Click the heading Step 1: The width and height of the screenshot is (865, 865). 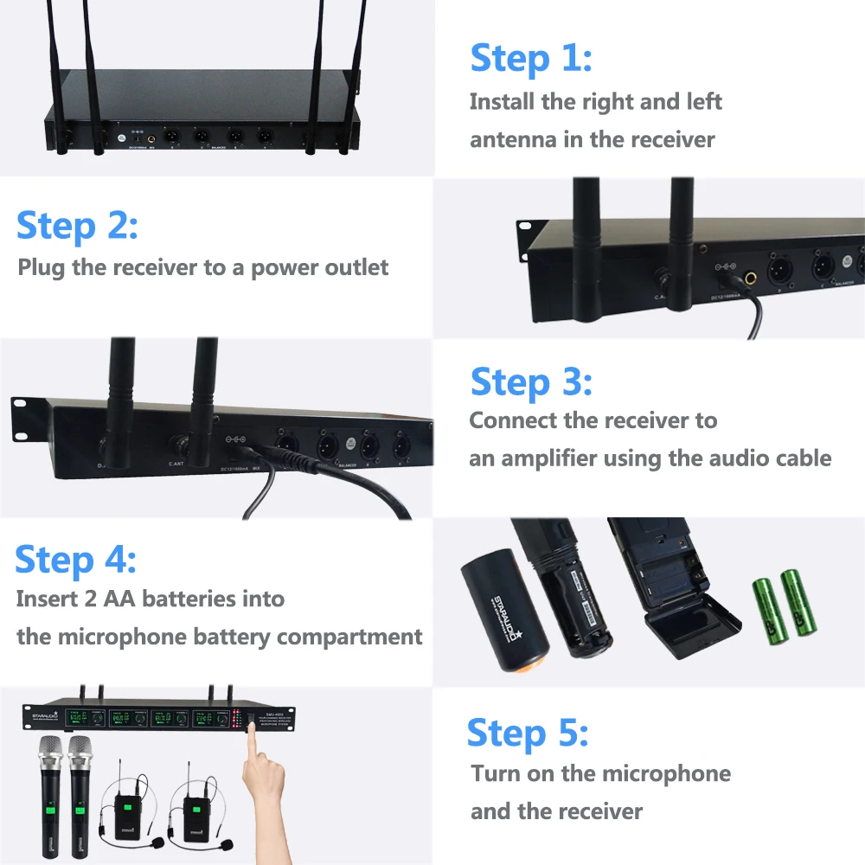pyautogui.click(x=530, y=59)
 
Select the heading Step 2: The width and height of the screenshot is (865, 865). pyautogui.click(x=76, y=226)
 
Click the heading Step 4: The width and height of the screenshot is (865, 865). pyautogui.click(x=75, y=560)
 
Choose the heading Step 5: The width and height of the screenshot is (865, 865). pyautogui.click(x=527, y=733)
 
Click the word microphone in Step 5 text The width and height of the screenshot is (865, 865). pyautogui.click(x=666, y=773)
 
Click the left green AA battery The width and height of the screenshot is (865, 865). pyautogui.click(x=766, y=605)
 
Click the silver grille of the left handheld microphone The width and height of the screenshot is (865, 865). pyautogui.click(x=50, y=753)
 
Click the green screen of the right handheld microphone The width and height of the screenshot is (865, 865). pyautogui.click(x=80, y=808)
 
